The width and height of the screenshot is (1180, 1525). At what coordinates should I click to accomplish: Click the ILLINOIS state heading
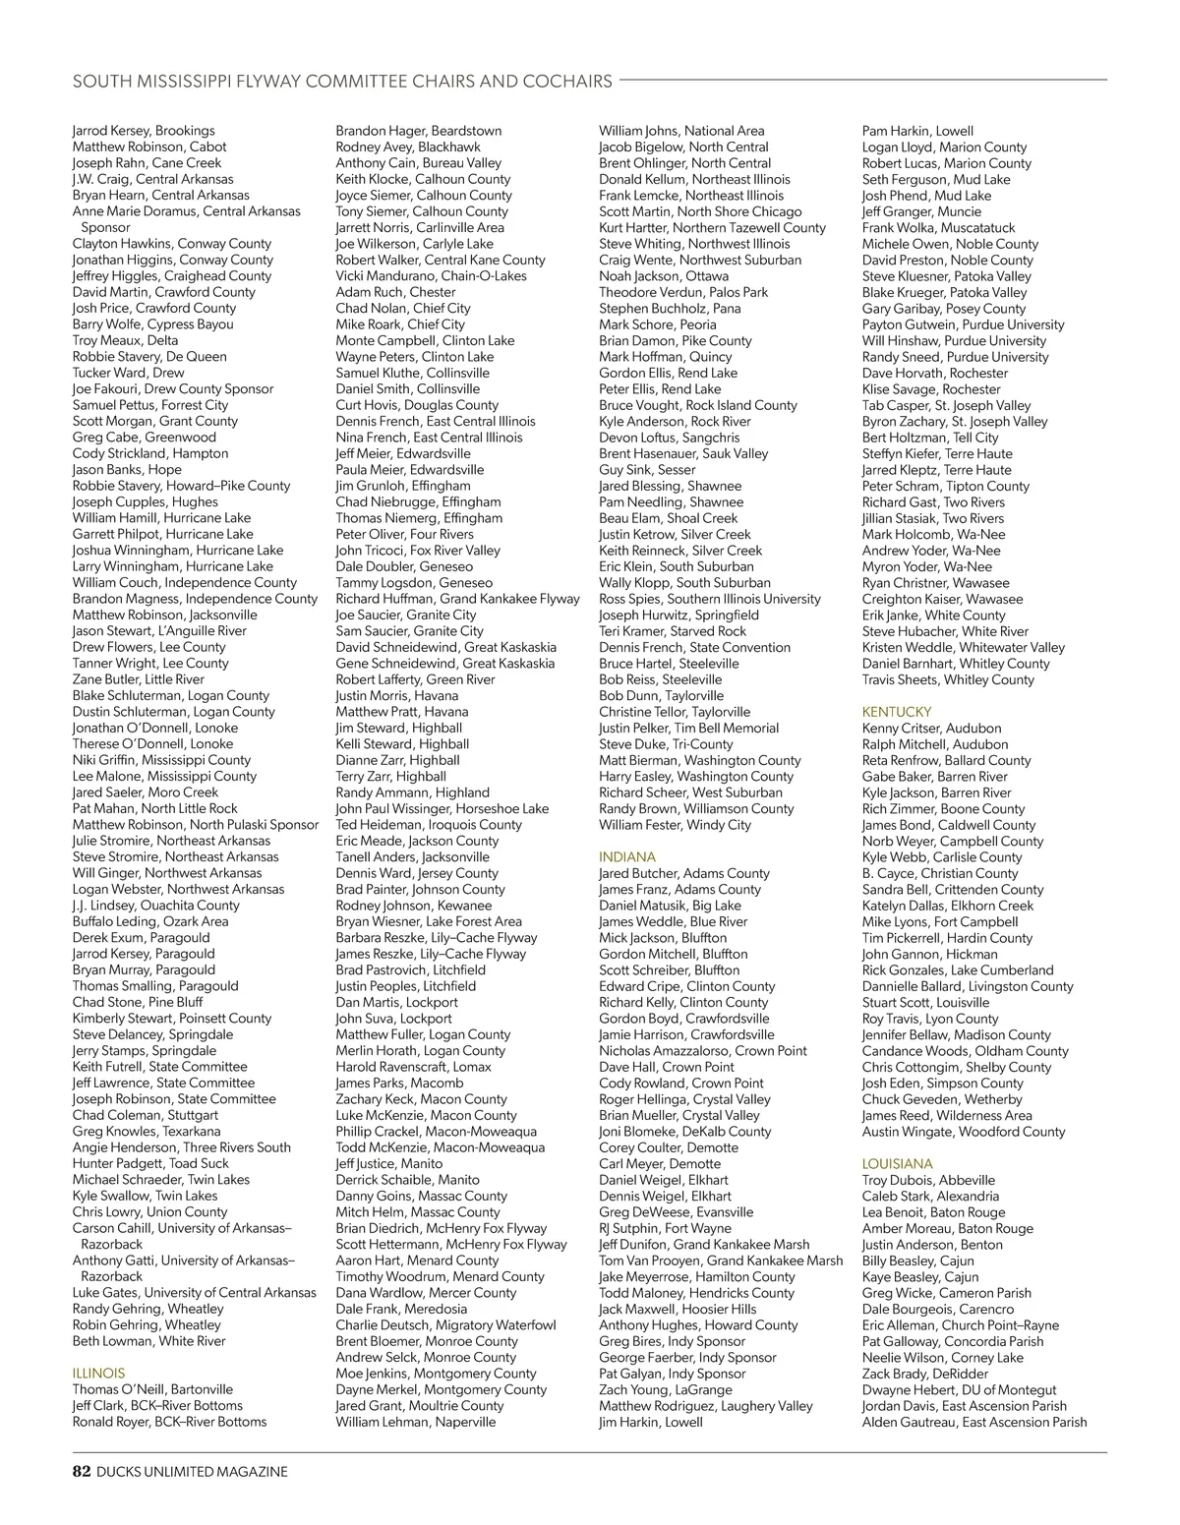click(x=98, y=1373)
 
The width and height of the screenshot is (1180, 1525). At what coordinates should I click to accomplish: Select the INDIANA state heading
click(x=626, y=856)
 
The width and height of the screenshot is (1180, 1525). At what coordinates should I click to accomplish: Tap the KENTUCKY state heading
click(x=896, y=711)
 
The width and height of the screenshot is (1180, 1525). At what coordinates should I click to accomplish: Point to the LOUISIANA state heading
click(x=897, y=1163)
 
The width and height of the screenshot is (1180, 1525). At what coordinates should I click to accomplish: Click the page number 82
click(x=82, y=1472)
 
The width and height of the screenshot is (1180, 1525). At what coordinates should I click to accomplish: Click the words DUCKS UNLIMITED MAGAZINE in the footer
click(x=193, y=1472)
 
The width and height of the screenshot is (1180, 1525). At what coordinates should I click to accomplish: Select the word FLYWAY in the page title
click(x=266, y=81)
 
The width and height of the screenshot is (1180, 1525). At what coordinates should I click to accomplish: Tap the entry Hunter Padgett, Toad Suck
click(x=150, y=1163)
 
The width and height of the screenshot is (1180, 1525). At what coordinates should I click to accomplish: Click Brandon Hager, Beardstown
click(x=418, y=131)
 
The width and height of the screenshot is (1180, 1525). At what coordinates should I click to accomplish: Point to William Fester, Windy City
click(x=675, y=825)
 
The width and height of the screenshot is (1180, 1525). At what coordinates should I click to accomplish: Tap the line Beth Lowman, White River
click(x=148, y=1341)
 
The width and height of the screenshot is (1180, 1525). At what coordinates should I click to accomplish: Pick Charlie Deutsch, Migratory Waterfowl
click(x=445, y=1324)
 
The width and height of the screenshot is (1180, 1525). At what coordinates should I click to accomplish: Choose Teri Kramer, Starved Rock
click(x=673, y=631)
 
